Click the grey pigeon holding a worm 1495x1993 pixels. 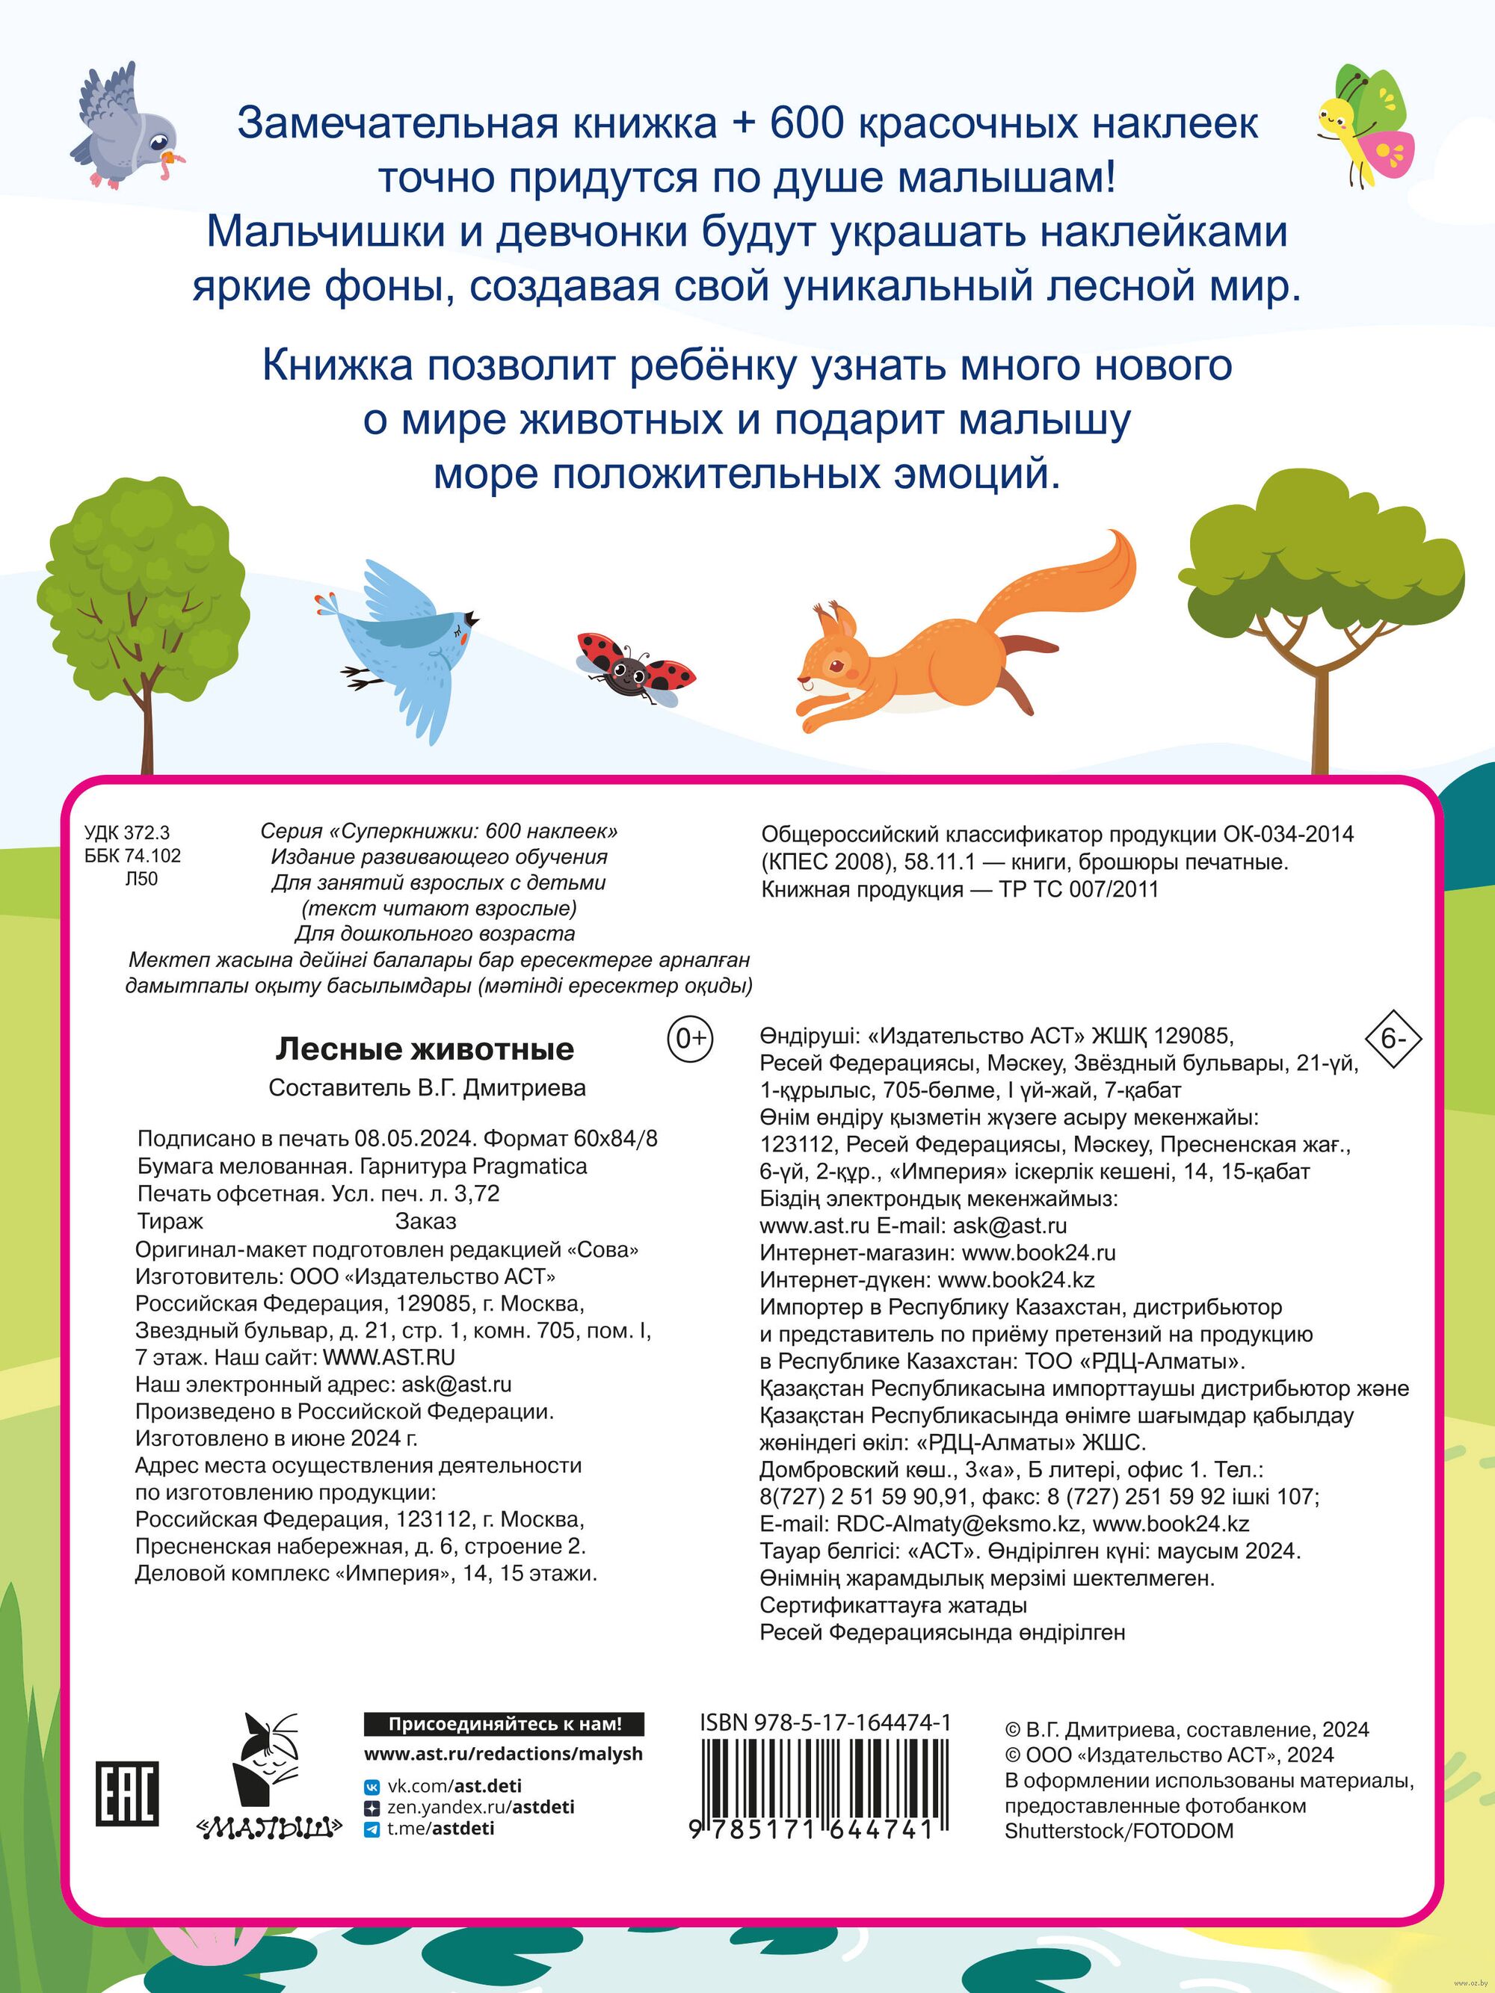(126, 126)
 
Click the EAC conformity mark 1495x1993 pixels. (127, 1793)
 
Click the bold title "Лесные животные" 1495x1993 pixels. (425, 1048)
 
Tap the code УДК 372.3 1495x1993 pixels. (127, 833)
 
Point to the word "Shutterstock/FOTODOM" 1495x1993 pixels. (1118, 1830)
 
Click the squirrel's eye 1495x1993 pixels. (837, 666)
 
